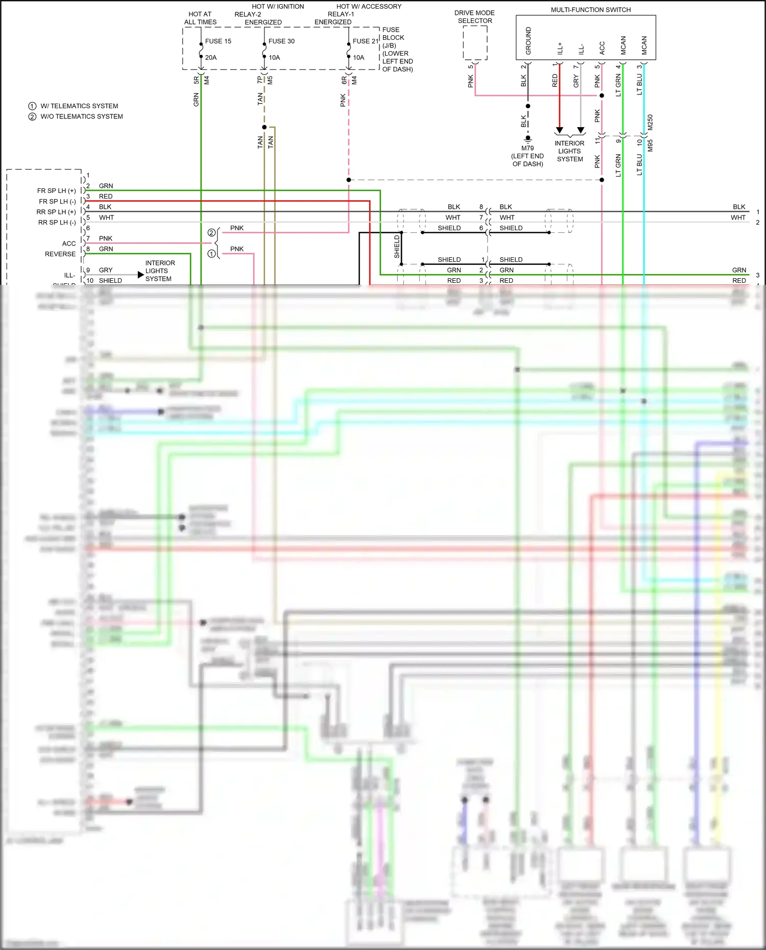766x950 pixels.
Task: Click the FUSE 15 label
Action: coord(218,41)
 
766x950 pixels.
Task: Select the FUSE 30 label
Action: coord(281,41)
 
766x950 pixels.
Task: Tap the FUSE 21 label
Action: coord(365,41)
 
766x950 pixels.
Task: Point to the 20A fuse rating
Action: coord(211,58)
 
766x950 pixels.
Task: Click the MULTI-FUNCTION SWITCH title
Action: coord(590,10)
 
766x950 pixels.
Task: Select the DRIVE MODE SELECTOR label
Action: coord(474,17)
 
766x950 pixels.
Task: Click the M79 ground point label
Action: coord(528,149)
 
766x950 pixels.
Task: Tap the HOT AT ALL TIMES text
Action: coord(200,18)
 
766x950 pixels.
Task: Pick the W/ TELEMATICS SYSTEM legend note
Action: coord(79,106)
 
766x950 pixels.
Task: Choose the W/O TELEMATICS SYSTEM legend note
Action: coord(82,116)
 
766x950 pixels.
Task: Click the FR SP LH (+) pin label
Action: coord(56,191)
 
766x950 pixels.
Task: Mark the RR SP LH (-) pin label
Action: coord(57,223)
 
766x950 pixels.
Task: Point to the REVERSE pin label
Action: coord(60,254)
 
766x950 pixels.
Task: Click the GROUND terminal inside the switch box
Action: coord(528,41)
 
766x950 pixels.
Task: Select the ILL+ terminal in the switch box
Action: coord(560,48)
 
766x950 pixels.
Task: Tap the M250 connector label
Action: coord(650,123)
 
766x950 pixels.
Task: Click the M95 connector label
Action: coord(650,145)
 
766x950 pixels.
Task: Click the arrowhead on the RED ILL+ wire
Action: coord(560,130)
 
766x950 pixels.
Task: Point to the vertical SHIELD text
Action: coord(397,247)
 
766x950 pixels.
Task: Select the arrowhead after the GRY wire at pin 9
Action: coord(141,275)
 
